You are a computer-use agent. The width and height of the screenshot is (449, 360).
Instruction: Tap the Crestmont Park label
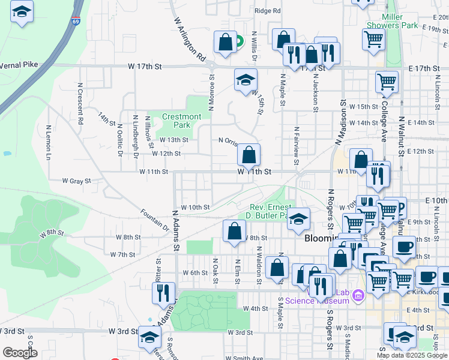(181, 121)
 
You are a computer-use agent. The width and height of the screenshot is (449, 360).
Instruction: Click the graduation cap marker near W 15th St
(245, 81)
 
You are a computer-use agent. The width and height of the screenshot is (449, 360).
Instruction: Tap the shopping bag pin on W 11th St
(249, 156)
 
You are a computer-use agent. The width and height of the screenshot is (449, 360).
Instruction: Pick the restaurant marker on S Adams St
(163, 293)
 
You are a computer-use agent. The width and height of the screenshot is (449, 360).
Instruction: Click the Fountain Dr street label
(155, 220)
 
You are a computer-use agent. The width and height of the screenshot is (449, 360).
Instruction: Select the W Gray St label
(76, 181)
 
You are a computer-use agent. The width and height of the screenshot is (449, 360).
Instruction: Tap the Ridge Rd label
(268, 11)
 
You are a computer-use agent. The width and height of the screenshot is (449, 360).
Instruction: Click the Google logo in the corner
(20, 352)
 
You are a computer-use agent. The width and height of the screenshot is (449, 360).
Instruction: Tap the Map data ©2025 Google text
(412, 355)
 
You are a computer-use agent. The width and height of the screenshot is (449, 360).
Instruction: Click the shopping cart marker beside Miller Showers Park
(373, 40)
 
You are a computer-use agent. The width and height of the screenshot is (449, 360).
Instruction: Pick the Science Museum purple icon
(359, 295)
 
